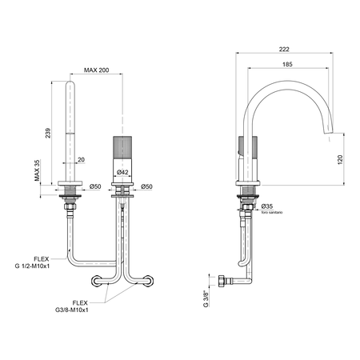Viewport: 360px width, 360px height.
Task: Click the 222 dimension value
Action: (284, 50)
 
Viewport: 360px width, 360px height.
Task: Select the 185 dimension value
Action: (287, 64)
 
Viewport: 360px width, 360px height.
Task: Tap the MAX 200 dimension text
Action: (96, 70)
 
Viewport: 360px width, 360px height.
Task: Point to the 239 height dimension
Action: (48, 133)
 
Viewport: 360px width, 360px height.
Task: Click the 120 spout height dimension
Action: (340, 159)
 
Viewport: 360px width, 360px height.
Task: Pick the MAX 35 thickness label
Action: (37, 170)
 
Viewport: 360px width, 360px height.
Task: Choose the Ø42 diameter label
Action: (122, 173)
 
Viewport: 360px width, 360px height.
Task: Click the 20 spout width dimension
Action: (81, 160)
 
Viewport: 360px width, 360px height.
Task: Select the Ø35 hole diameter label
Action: (267, 206)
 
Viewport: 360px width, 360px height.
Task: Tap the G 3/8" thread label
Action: (206, 298)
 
